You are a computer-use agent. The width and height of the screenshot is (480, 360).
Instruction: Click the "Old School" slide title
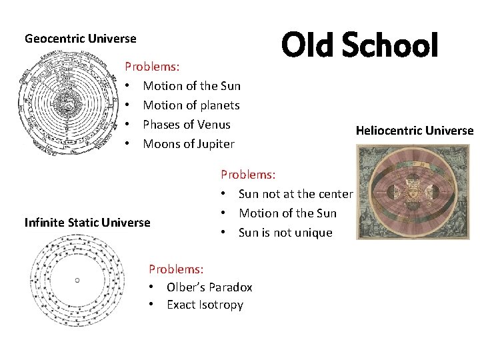click(359, 45)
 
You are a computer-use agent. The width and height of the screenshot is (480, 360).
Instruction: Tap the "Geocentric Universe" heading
click(80, 39)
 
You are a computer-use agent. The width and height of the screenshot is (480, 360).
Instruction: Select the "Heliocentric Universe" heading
click(414, 131)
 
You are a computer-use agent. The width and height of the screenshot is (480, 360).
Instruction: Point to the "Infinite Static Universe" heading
click(87, 223)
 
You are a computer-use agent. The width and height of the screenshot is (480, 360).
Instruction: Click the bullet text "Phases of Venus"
click(187, 125)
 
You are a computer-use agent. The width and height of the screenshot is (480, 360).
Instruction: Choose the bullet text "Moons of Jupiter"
click(189, 144)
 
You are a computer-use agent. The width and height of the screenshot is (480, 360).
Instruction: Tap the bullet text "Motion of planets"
click(191, 105)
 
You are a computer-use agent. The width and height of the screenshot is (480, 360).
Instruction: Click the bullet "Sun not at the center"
click(295, 194)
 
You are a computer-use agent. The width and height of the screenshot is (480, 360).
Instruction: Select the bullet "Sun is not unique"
click(285, 233)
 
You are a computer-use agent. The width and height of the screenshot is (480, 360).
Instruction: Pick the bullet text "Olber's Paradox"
click(209, 287)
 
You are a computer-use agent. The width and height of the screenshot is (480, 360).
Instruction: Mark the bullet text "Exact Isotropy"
click(205, 305)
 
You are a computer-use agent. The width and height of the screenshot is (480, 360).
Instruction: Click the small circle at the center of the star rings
click(77, 281)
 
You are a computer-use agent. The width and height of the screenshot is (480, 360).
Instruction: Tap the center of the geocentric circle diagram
click(65, 105)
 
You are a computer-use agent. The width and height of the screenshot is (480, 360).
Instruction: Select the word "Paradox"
click(230, 287)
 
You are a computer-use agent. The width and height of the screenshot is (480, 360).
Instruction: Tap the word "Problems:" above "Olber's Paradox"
click(177, 269)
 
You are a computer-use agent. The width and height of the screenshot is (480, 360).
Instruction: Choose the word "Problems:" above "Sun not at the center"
click(248, 175)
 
